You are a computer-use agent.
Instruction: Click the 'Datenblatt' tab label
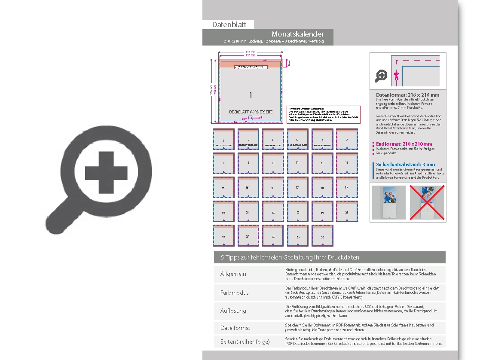229,24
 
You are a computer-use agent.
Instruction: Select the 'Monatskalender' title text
297,34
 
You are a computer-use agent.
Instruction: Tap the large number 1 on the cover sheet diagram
251,95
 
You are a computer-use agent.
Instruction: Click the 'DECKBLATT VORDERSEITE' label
251,112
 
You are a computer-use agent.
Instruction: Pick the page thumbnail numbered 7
347,139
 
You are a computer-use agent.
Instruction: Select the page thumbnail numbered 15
248,187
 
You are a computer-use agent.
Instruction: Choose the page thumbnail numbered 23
297,211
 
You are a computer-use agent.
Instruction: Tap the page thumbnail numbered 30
322,235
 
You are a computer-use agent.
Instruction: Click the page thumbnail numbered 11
297,163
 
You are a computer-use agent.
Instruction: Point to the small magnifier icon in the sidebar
381,76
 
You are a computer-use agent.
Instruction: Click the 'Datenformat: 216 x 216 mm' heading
407,95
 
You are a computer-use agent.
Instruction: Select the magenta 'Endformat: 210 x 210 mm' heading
404,144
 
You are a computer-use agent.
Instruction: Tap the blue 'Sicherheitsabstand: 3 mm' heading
405,165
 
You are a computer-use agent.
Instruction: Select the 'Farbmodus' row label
234,293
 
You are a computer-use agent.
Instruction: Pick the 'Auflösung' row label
233,310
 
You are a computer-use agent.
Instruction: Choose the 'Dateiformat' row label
235,328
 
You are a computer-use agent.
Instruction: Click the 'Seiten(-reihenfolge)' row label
245,342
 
